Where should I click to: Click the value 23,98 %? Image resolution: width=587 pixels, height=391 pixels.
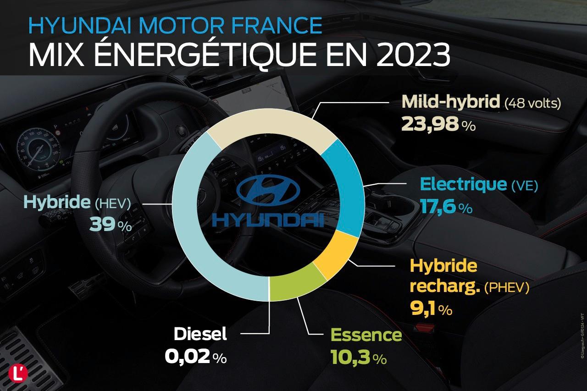(438, 124)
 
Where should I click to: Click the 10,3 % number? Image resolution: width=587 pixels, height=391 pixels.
(358, 358)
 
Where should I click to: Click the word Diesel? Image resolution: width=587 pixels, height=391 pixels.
(200, 334)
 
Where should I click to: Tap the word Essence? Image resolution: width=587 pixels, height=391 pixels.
(365, 335)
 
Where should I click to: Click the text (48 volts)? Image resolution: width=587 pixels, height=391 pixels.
(532, 103)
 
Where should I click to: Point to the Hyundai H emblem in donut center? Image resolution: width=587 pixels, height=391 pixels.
(268, 190)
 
